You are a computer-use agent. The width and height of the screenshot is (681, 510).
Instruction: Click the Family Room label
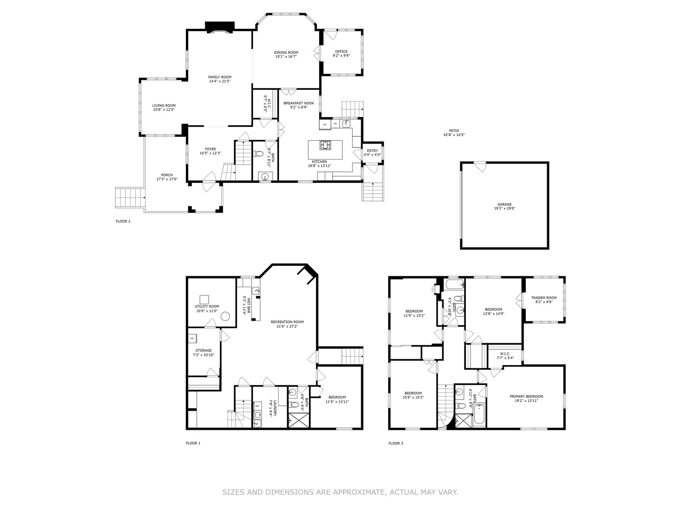(x=220, y=77)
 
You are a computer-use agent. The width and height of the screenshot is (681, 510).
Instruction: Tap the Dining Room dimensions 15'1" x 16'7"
(x=286, y=57)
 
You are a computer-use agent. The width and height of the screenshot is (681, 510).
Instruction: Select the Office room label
(x=341, y=52)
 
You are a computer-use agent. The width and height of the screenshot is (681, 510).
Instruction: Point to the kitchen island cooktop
(x=325, y=145)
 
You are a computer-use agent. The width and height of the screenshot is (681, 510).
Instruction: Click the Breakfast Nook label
(x=298, y=103)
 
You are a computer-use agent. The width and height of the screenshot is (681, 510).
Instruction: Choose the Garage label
(x=504, y=204)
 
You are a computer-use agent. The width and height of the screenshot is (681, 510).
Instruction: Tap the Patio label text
(x=454, y=131)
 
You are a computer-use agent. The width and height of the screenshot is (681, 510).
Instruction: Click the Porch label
(x=167, y=175)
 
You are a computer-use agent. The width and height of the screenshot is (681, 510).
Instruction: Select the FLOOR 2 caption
(x=123, y=221)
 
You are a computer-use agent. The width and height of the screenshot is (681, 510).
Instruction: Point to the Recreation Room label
(x=287, y=322)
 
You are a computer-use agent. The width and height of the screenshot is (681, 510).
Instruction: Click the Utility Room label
(x=208, y=306)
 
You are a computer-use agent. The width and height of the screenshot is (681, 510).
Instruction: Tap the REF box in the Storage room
(x=192, y=339)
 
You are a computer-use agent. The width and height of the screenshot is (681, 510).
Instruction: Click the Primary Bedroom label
(x=526, y=397)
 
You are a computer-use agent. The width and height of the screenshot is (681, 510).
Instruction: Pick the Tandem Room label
(x=543, y=298)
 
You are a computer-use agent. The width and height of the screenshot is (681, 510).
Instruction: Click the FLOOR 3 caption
(x=396, y=443)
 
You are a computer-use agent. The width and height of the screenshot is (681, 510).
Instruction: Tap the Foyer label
(x=210, y=149)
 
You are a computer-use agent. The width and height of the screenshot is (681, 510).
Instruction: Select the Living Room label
(x=164, y=106)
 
